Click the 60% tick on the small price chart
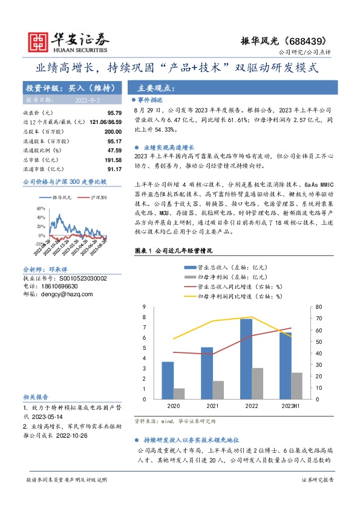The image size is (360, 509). point(41,209)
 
